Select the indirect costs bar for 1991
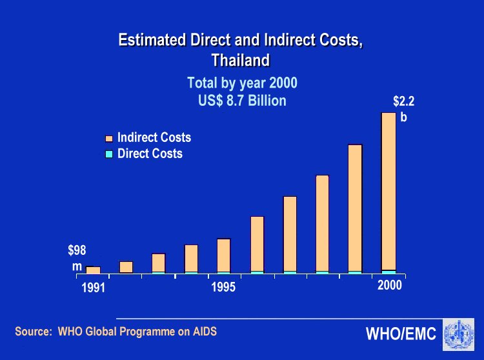click(94, 270)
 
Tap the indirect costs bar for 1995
click(224, 255)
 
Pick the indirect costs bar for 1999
click(355, 207)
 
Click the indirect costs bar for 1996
click(257, 243)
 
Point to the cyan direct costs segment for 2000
click(388, 272)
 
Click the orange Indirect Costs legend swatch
click(109, 138)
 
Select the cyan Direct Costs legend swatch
click(109, 154)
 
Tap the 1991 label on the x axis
click(94, 288)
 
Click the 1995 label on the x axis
click(224, 287)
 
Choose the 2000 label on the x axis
click(390, 286)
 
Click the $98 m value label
click(77, 257)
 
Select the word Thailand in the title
click(240, 61)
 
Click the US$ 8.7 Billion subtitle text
click(242, 101)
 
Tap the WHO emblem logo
click(458, 334)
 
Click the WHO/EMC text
click(401, 334)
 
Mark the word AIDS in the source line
click(204, 332)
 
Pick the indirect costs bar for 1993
click(159, 263)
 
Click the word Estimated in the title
click(152, 40)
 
